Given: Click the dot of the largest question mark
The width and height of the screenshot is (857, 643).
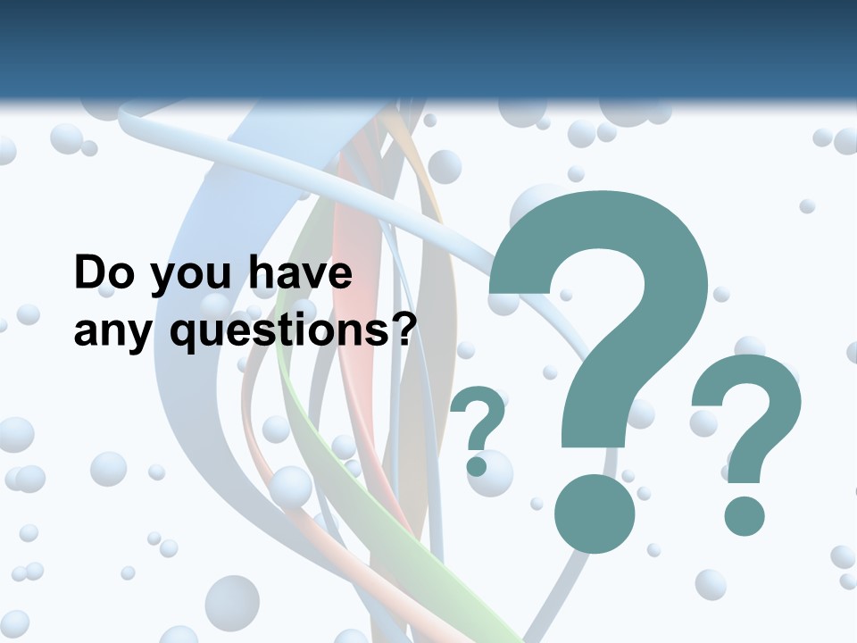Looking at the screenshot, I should (595, 514).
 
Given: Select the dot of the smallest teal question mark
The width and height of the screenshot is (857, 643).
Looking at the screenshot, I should (477, 465).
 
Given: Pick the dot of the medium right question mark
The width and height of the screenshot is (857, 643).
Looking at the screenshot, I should (745, 516).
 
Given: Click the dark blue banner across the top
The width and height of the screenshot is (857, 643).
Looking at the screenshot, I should (428, 49).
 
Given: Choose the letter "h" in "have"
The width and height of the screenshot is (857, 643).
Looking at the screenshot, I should (260, 272).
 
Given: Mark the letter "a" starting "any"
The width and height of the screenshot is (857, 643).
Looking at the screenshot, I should (84, 334).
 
